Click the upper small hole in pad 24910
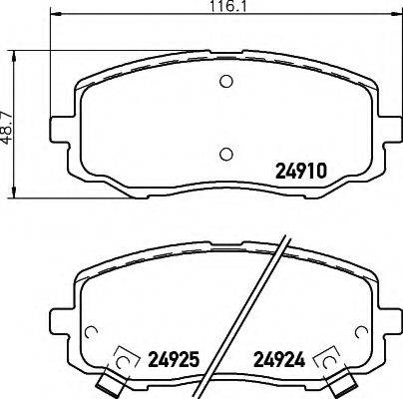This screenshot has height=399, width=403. point(225,82)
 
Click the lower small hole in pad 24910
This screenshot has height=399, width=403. point(225,153)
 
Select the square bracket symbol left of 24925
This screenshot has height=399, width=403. point(127,356)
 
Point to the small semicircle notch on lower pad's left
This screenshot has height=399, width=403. point(91,333)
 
